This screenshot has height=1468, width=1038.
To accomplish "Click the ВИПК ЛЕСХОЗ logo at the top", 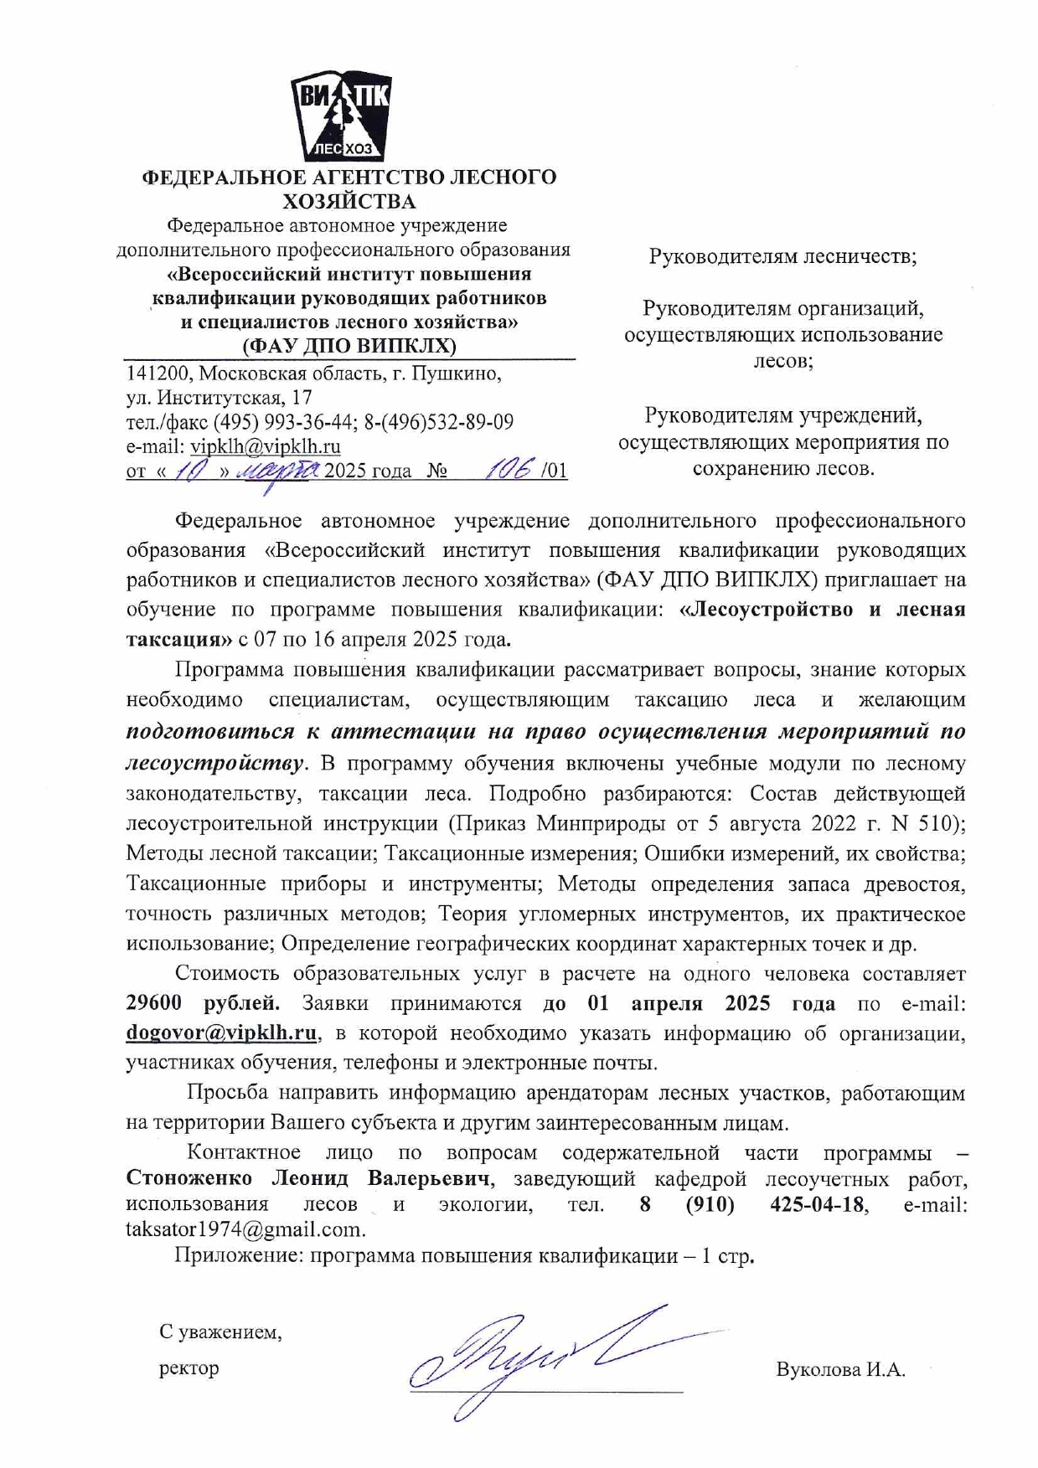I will (x=340, y=116).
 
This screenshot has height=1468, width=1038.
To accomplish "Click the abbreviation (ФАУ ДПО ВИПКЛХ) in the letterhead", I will (x=349, y=346).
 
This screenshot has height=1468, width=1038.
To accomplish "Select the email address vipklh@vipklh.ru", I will (x=265, y=446).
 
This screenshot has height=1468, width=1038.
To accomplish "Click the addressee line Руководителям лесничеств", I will (x=782, y=256).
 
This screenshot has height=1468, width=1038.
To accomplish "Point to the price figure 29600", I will (x=159, y=1003).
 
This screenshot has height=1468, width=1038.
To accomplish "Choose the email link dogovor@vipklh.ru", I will (x=221, y=1033).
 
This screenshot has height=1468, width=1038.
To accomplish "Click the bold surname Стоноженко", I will (x=189, y=1178).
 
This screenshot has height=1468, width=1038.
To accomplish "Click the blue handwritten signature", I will (x=536, y=1356).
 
